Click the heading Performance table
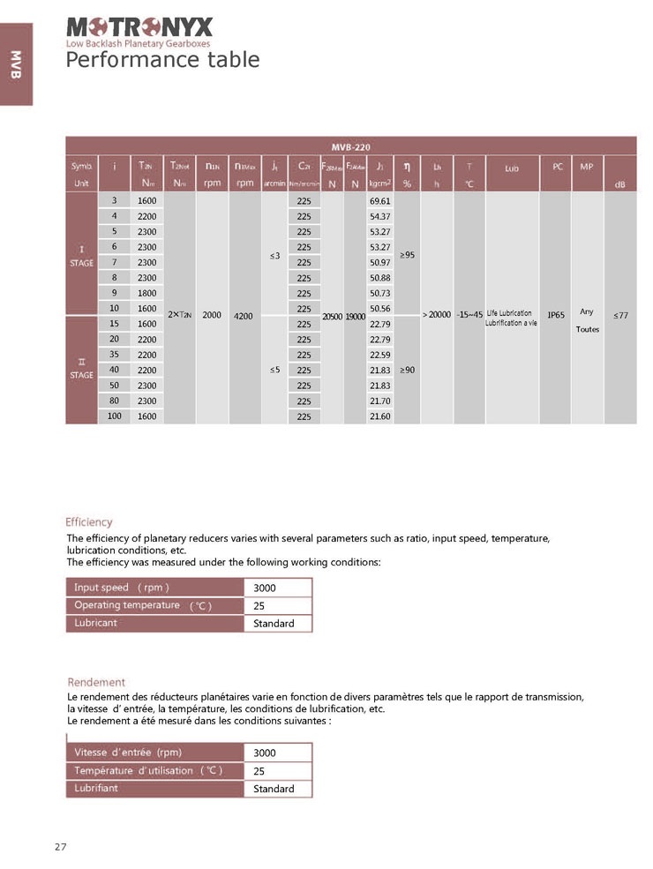pyautogui.click(x=163, y=59)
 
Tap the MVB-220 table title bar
pyautogui.click(x=350, y=146)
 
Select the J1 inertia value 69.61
pyautogui.click(x=380, y=201)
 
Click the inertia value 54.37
pyautogui.click(x=380, y=216)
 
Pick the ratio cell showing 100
pyautogui.click(x=115, y=416)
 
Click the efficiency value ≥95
pyautogui.click(x=407, y=255)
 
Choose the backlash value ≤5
pyautogui.click(x=274, y=370)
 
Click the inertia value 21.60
pyautogui.click(x=380, y=416)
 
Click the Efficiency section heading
pyautogui.click(x=90, y=522)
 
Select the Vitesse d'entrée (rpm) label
pyautogui.click(x=128, y=753)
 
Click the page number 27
pyautogui.click(x=61, y=847)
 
